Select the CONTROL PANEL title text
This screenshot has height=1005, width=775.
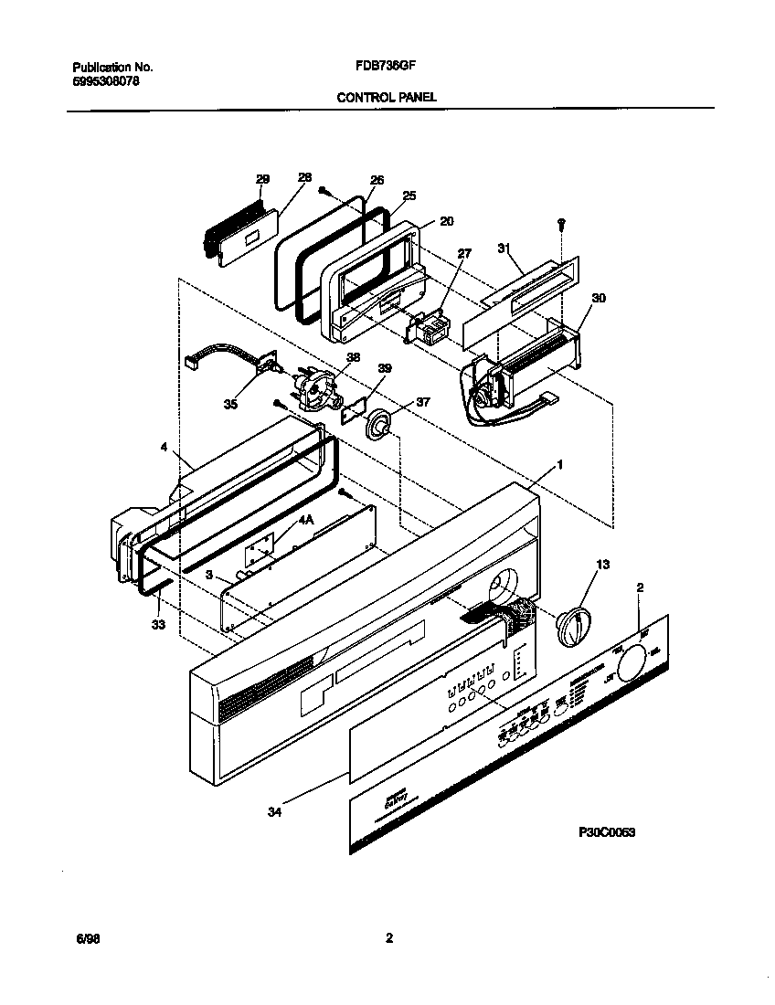[386, 96]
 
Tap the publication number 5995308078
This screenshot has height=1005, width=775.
[106, 80]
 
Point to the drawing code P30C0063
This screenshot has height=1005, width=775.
[607, 832]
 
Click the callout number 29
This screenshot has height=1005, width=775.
[262, 179]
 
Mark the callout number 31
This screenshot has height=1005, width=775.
[502, 247]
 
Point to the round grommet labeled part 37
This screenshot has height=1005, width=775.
[380, 424]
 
